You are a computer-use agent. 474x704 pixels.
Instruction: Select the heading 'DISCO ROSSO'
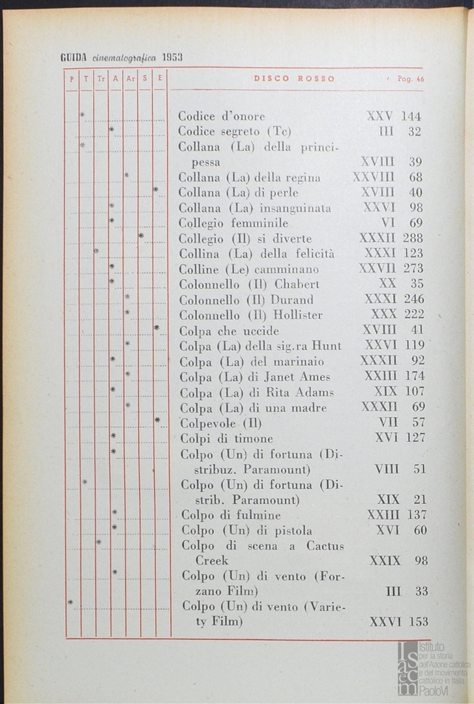point(294,79)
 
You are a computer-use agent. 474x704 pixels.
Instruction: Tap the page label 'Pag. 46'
point(410,79)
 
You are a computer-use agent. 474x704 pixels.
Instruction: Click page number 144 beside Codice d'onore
point(411,117)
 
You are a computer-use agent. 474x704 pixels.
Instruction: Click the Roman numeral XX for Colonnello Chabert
point(387,284)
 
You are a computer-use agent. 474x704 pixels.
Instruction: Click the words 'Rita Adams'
point(301,392)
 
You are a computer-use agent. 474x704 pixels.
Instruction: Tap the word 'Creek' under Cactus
point(212,561)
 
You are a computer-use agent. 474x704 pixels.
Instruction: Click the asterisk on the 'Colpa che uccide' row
point(156,328)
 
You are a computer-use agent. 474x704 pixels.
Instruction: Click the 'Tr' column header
point(100,79)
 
